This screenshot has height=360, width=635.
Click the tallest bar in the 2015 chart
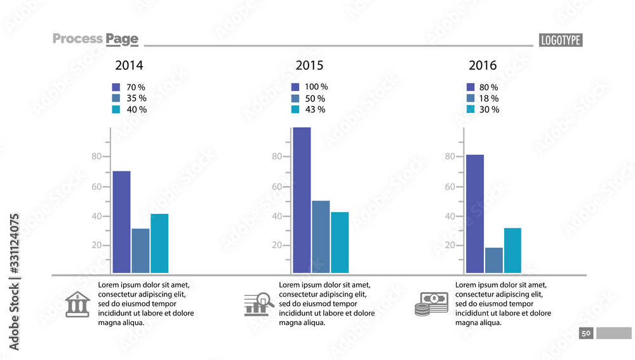[x=302, y=200]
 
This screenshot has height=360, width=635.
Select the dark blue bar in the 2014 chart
[x=121, y=222]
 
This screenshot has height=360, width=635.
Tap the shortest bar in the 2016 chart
[x=494, y=260]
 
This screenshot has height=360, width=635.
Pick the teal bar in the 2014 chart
[x=159, y=244]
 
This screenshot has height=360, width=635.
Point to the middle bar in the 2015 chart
[x=321, y=237]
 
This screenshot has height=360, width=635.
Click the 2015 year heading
[x=309, y=65]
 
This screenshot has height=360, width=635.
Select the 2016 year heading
[x=483, y=65]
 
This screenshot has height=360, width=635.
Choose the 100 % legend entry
[x=309, y=87]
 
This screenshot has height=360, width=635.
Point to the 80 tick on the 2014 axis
[x=97, y=157]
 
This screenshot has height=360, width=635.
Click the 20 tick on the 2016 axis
[x=450, y=245]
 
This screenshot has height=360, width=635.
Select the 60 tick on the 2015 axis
[x=277, y=187]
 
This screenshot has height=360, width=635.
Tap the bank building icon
[x=77, y=305]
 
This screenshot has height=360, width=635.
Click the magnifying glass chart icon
[x=258, y=304]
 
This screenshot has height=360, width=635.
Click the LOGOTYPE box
[x=561, y=40]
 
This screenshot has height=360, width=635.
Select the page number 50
[x=586, y=333]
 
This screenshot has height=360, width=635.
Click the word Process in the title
[x=77, y=39]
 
